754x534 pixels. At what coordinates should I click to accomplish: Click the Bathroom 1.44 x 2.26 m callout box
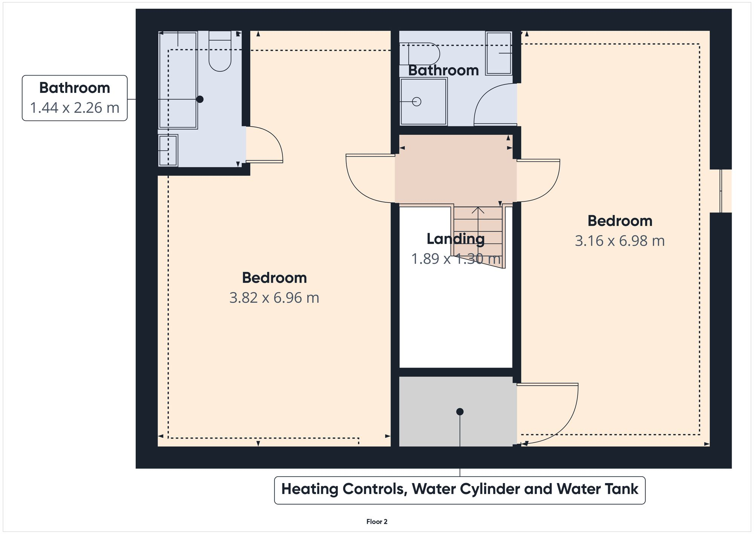(x=75, y=98)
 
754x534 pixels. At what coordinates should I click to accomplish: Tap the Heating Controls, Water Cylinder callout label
(x=460, y=490)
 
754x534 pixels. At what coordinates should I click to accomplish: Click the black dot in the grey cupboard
(x=460, y=412)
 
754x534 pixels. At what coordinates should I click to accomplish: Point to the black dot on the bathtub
(x=200, y=99)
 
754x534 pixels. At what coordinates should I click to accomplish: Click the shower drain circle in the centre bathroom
(x=417, y=102)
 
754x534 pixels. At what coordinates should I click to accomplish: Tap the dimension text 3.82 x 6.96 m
(x=274, y=298)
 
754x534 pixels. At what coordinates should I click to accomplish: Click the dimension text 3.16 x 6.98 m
(x=619, y=241)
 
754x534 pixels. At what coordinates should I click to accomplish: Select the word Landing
(x=455, y=239)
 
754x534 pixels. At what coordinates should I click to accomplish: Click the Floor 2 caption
(x=377, y=522)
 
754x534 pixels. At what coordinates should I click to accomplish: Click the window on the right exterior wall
(x=721, y=191)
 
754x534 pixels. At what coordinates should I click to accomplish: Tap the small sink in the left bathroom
(x=168, y=151)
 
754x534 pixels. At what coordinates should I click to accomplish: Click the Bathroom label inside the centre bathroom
(x=443, y=71)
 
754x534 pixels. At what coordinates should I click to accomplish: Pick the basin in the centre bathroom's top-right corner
(x=498, y=53)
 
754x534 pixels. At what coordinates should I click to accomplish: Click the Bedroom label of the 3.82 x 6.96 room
(x=274, y=278)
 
